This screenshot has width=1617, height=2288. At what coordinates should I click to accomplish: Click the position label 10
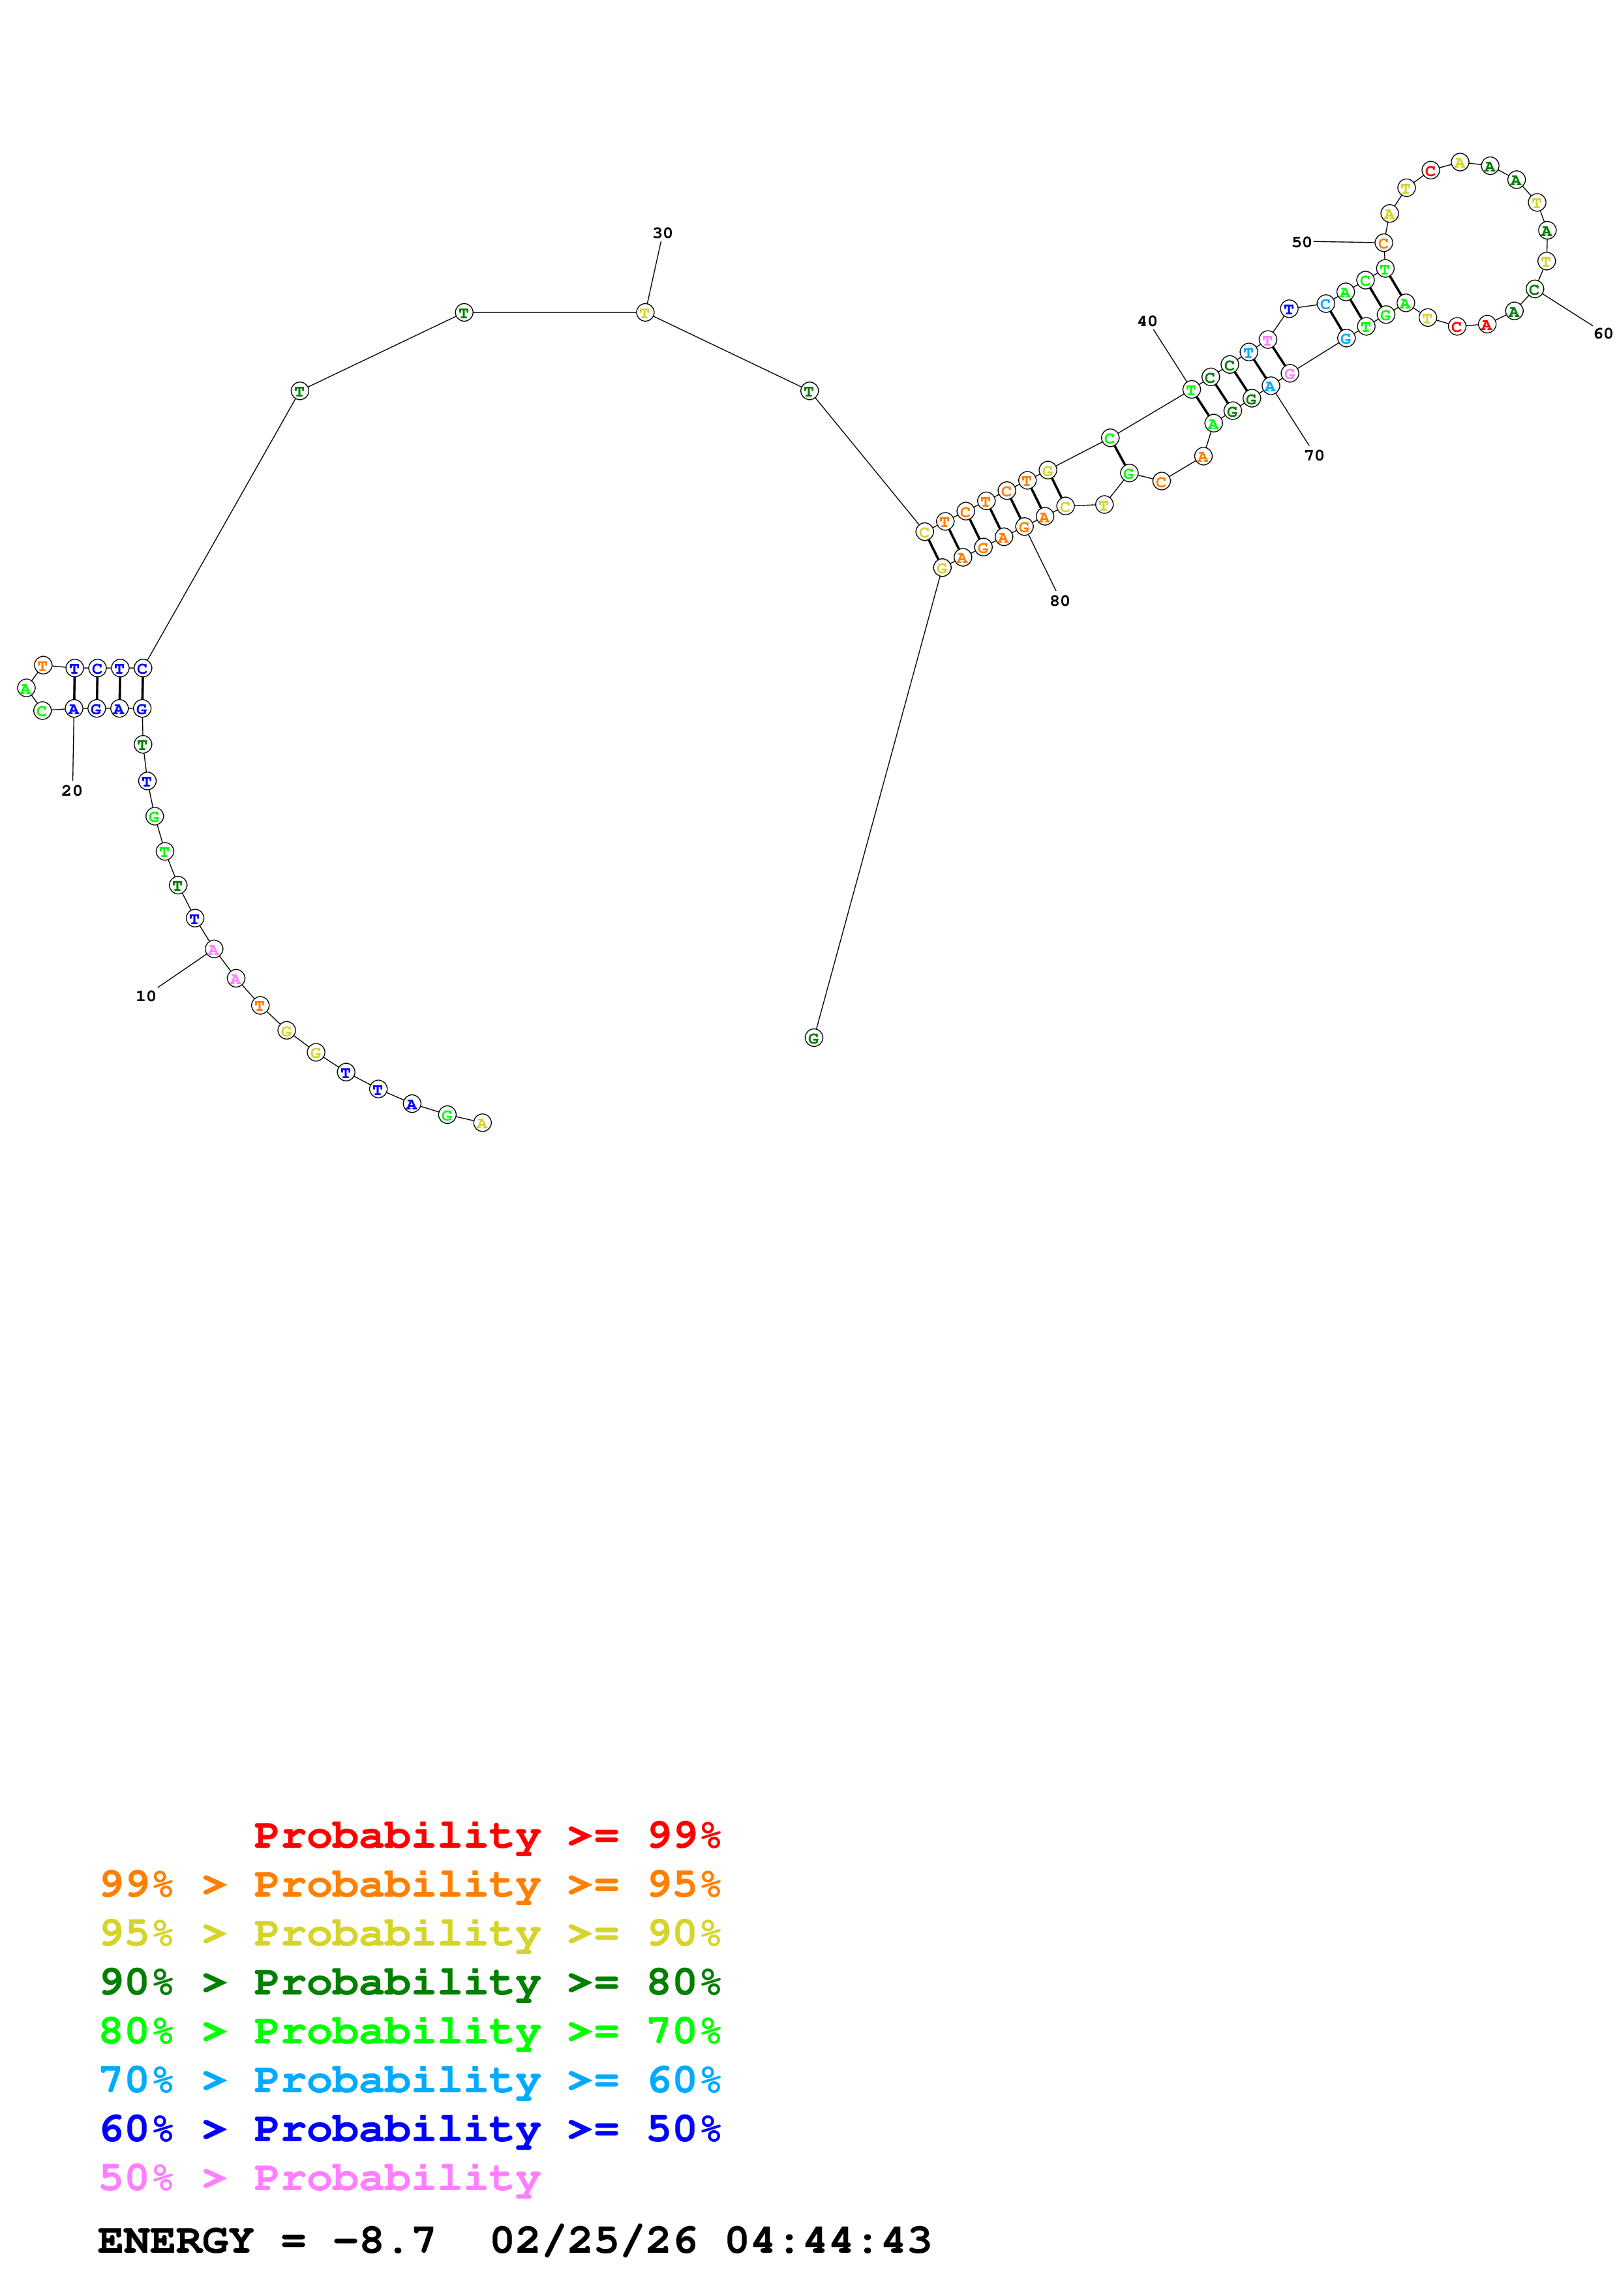(145, 995)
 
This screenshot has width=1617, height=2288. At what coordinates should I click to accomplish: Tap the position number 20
(72, 790)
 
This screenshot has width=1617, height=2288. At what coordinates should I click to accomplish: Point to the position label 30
(663, 233)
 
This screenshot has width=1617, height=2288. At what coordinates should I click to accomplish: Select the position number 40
(1148, 321)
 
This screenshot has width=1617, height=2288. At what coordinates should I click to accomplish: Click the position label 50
(1301, 242)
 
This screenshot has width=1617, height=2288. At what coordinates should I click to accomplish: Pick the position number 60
(1602, 334)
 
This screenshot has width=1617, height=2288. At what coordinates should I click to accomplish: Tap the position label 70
(1314, 455)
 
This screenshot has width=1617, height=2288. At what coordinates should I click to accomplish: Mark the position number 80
(1059, 601)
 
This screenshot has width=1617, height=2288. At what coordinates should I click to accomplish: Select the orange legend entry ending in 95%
(410, 1884)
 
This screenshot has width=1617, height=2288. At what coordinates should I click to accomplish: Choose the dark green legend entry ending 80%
(410, 1982)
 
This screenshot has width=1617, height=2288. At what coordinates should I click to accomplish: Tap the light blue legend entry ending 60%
(410, 2080)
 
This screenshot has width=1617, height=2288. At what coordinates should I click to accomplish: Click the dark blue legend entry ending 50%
(410, 2129)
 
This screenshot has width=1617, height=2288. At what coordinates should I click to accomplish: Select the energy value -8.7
(385, 2240)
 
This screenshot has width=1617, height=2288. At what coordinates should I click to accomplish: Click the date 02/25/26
(594, 2240)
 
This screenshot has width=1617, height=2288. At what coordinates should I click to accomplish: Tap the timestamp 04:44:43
(828, 2240)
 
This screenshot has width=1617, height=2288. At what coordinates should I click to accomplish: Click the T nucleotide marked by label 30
(644, 313)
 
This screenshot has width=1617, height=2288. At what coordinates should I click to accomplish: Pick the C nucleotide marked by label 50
(1383, 243)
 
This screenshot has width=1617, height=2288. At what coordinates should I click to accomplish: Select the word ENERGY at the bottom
(175, 2240)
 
